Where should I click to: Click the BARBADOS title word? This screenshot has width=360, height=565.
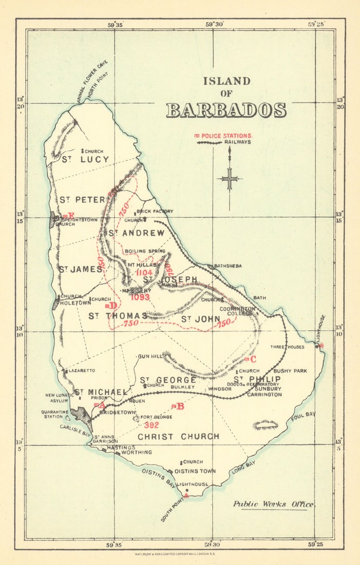coord(226,110)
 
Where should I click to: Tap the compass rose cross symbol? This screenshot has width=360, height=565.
coord(230,179)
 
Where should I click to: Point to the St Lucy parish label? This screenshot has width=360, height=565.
coord(85,160)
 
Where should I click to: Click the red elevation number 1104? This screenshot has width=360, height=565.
coord(145,273)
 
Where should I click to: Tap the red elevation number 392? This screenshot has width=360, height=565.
coord(151,425)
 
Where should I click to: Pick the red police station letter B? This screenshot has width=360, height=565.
coord(180,406)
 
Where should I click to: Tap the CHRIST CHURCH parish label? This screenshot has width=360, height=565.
coord(178,437)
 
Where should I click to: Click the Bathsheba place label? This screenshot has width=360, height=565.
coord(229,266)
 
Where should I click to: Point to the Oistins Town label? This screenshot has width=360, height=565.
coord(195,471)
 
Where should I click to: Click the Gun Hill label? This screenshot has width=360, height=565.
coord(149,356)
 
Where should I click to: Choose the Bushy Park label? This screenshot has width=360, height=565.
coord(290,371)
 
